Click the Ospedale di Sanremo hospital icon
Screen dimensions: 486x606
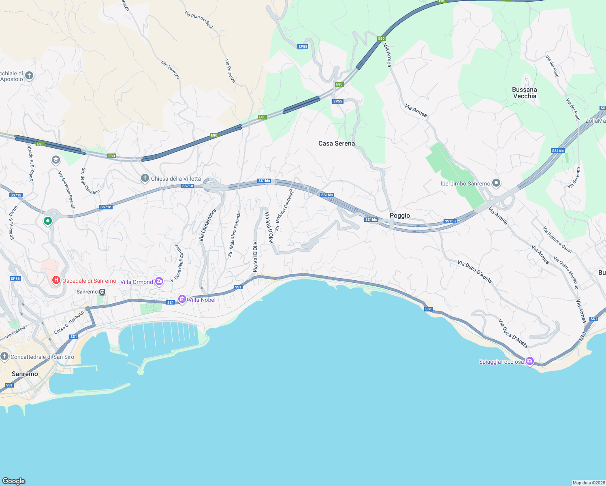(56, 280)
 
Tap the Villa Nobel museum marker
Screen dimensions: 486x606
(182, 299)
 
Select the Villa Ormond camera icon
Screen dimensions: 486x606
(159, 281)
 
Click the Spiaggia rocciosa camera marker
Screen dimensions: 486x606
(529, 361)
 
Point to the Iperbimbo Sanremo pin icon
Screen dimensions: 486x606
(496, 183)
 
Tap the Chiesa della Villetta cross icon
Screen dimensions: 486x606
(145, 178)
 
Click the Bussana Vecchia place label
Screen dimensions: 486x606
(524, 93)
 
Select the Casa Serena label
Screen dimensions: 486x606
(336, 143)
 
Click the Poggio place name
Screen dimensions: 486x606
(399, 215)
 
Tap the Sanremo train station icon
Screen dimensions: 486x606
(102, 292)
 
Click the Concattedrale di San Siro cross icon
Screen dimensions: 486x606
(4, 356)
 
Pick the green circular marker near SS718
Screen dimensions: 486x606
(48, 221)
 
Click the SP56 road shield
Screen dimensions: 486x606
(15, 279)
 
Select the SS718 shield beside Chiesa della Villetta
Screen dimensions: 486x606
(188, 186)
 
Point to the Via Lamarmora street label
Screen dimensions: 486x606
(207, 226)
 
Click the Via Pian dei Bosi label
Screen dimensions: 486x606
(198, 20)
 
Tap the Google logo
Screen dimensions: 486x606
(14, 481)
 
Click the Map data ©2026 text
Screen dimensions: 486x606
(588, 483)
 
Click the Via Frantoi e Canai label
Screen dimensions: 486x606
(557, 240)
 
